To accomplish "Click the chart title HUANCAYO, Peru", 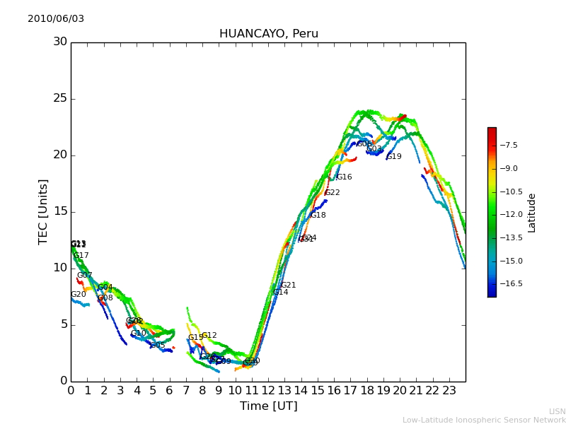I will (x=268, y=34).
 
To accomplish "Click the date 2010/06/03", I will (x=56, y=19).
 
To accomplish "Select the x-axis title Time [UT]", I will (x=268, y=406).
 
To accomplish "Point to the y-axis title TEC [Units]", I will (x=44, y=211).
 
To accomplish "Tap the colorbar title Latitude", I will (x=532, y=213).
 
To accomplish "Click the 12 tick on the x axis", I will (x=268, y=389).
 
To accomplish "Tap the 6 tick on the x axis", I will (x=170, y=389).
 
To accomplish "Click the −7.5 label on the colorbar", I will (x=509, y=146).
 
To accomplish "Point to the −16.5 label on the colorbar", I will (x=512, y=284).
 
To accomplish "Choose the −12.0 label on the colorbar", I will (x=512, y=215).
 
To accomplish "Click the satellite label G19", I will (x=394, y=157).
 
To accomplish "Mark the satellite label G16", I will (x=344, y=177).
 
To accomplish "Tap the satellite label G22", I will (x=333, y=193).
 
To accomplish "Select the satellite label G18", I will (x=318, y=216).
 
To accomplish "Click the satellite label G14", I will (x=281, y=293).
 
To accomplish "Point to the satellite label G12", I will (x=209, y=336).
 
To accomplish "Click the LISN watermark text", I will (x=557, y=411).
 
